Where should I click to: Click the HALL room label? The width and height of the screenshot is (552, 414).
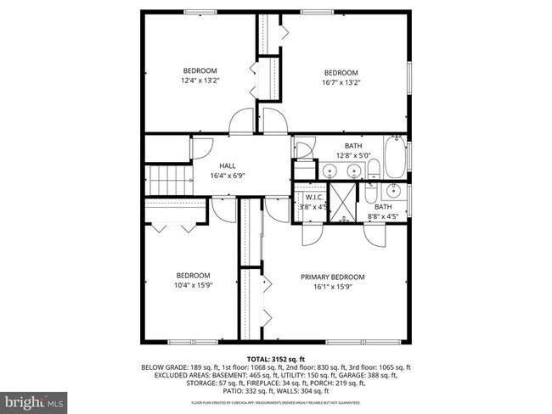(x=228, y=166)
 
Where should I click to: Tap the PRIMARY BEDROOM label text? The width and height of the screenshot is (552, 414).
(x=332, y=277)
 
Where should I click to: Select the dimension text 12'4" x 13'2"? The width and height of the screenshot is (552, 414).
(x=200, y=81)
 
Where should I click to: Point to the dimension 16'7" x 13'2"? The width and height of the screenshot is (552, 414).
(x=341, y=82)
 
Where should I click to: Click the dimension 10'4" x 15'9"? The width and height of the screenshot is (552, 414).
(x=193, y=285)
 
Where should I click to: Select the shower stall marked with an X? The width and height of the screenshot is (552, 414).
(x=344, y=202)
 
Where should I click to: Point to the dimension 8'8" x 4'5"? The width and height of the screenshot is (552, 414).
(x=384, y=216)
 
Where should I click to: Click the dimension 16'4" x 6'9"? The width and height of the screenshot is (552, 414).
(x=228, y=176)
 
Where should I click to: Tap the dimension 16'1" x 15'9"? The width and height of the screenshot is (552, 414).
(x=332, y=288)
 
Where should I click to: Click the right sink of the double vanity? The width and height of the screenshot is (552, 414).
(x=373, y=172)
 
